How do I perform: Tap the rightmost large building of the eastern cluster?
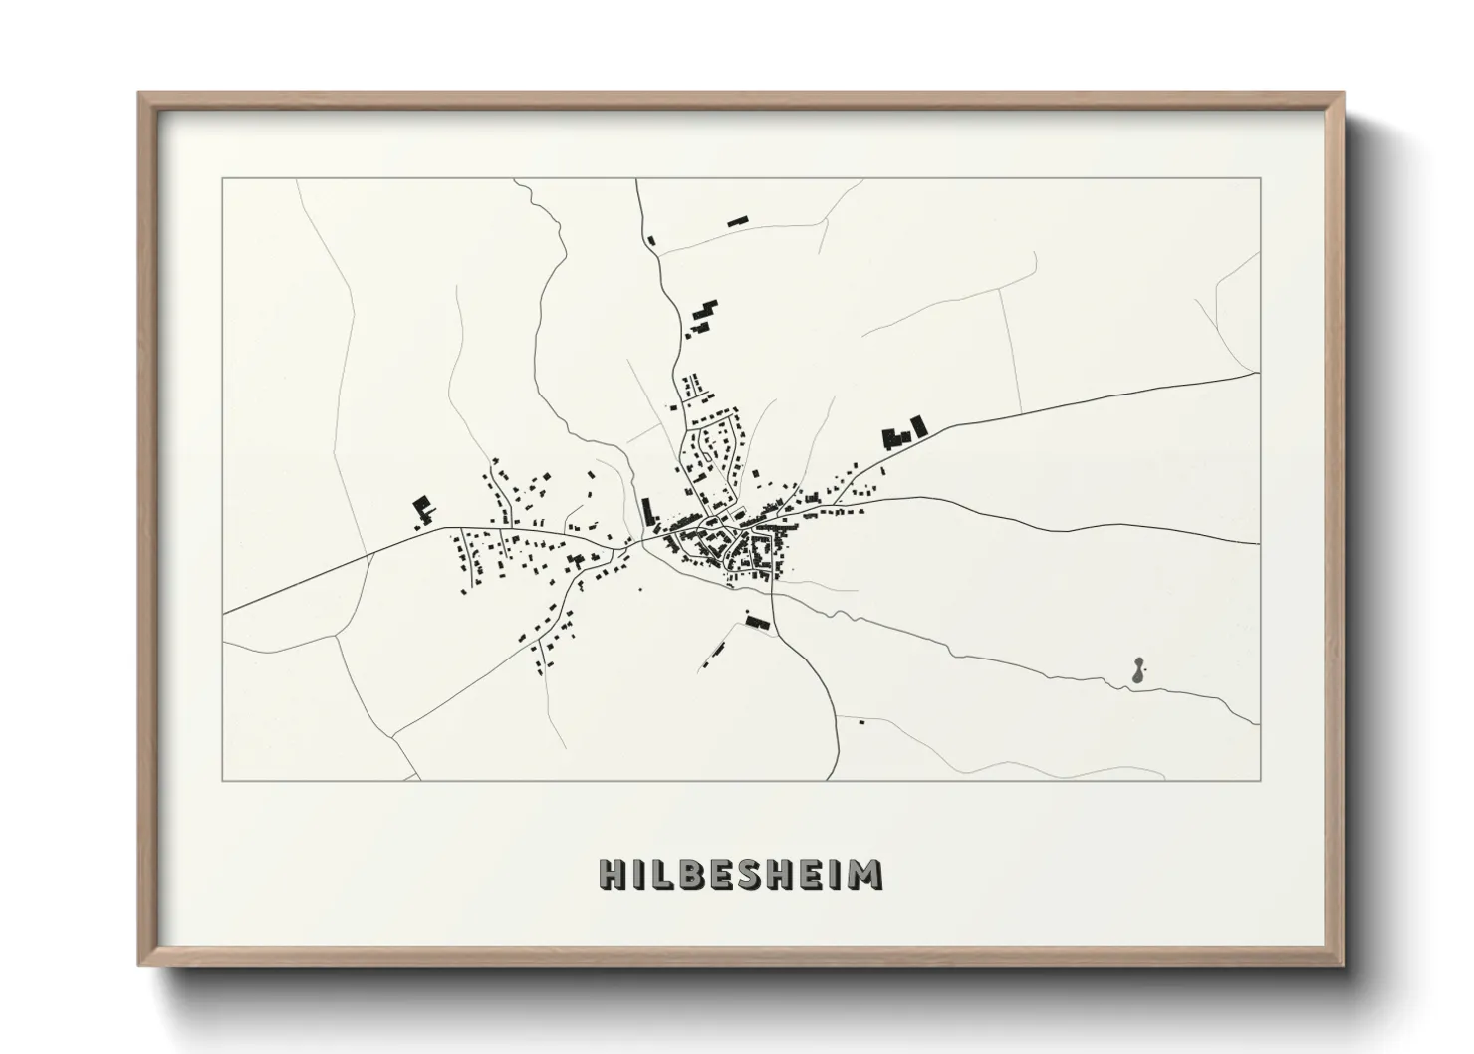[x=918, y=426]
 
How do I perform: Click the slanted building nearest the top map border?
[x=737, y=221]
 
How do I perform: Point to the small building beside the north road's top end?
[x=652, y=239]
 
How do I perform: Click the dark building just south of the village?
[x=758, y=622]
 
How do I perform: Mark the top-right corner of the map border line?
[x=1260, y=179]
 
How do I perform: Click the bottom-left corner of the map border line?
[x=223, y=780]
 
